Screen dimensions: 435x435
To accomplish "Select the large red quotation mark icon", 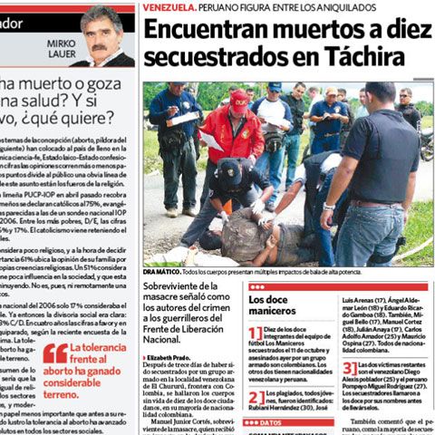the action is (x=54, y=353).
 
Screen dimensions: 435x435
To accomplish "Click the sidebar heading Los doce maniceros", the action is (x=273, y=304).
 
